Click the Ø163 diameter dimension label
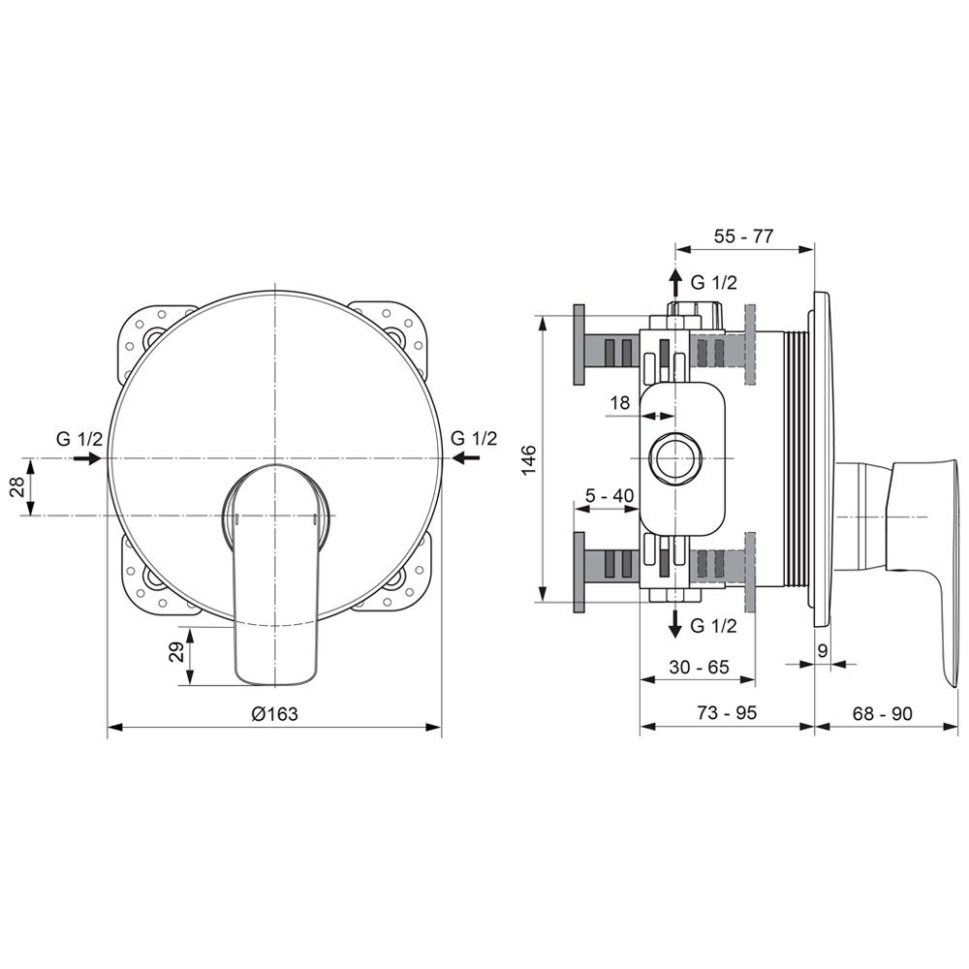click(274, 714)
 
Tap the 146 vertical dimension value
click(530, 459)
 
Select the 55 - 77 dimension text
click(743, 236)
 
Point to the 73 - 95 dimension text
click(727, 712)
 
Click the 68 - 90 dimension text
click(882, 713)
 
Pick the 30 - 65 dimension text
click(699, 667)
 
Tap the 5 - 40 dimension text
click(610, 495)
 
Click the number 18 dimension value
click(620, 403)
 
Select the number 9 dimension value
click(822, 650)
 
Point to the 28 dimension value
click(17, 486)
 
